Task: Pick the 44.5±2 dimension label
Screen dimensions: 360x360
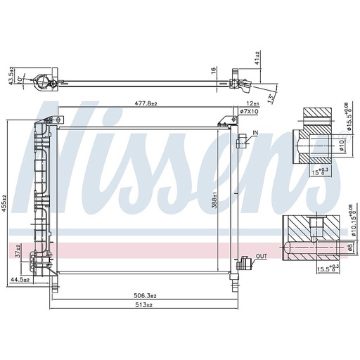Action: pyautogui.click(x=20, y=280)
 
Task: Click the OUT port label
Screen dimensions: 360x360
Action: pyautogui.click(x=262, y=256)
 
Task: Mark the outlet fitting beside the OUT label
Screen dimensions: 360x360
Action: pyautogui.click(x=245, y=264)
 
